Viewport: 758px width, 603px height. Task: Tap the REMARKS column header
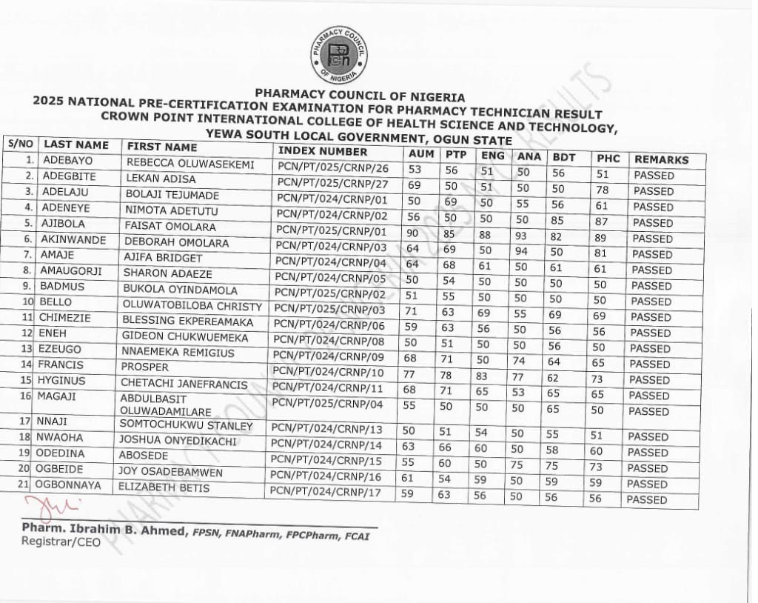661,159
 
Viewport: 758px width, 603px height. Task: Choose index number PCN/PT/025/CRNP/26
332,167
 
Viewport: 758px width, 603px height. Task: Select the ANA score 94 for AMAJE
523,251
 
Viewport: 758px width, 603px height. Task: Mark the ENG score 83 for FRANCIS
488,377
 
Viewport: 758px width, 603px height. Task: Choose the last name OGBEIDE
61,469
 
